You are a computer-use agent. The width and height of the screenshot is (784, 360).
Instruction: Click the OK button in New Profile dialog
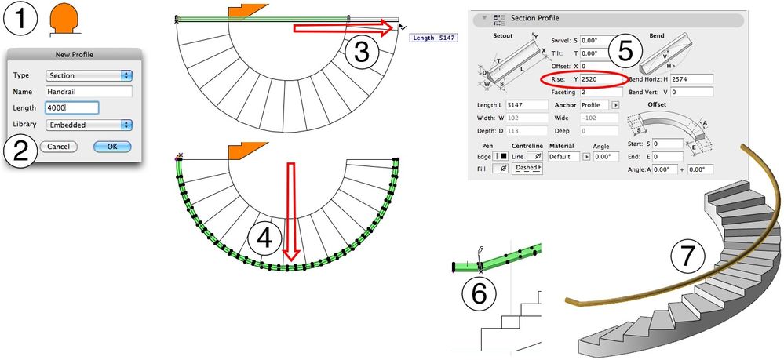tap(112, 147)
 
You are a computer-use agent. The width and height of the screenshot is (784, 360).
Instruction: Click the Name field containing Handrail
tap(89, 92)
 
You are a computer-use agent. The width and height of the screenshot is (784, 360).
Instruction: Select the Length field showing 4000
tap(71, 108)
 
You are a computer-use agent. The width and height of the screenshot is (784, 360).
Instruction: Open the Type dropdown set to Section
tap(89, 75)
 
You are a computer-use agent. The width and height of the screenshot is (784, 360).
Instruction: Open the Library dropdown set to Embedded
tap(89, 125)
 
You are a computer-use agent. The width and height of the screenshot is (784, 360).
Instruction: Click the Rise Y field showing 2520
tap(601, 79)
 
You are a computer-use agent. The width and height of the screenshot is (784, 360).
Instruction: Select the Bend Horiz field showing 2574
tap(691, 79)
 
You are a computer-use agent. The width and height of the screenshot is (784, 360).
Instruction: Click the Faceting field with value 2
tap(601, 92)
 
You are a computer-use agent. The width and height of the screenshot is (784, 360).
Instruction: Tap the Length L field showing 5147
tap(527, 105)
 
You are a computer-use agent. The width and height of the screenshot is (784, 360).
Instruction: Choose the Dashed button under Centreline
tap(528, 168)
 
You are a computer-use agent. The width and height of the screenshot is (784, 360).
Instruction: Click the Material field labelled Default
tap(564, 157)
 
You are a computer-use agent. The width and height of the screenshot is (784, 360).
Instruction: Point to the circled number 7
tap(688, 255)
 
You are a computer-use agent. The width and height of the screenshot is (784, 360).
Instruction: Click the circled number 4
tap(264, 238)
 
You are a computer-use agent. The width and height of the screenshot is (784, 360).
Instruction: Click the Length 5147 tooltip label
tap(433, 38)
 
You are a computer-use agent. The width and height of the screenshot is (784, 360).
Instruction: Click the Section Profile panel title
tap(534, 18)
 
